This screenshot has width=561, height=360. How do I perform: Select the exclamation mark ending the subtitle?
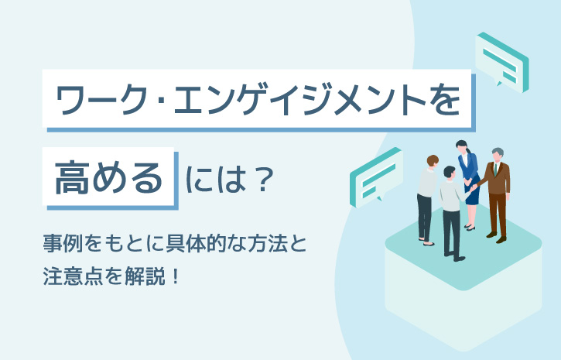(x=175, y=276)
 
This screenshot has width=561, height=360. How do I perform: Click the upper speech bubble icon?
(x=501, y=62)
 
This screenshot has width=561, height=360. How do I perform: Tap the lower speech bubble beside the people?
(x=376, y=178)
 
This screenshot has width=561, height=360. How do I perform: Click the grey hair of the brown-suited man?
(x=498, y=152)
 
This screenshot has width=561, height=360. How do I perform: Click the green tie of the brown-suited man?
(x=495, y=170)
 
